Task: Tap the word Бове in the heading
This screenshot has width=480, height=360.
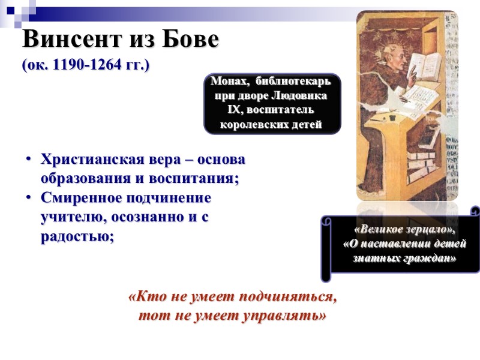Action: click(x=190, y=40)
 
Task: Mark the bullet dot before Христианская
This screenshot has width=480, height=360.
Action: click(x=28, y=160)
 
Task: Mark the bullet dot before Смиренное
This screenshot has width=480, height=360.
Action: click(x=28, y=198)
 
